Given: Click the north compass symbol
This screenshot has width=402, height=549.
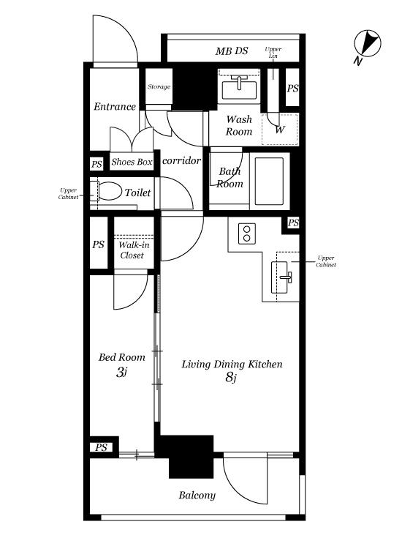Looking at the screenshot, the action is pos(367,43).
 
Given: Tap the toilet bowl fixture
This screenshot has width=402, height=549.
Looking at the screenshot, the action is pos(110,191).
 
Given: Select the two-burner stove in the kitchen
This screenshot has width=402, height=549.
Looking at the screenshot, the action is pos(247,234).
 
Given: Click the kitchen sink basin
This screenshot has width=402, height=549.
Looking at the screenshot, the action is pos(280,277).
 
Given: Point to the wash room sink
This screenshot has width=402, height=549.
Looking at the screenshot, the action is pos(240,89).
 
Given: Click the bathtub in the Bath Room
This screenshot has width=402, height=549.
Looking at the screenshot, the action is pos(269,181).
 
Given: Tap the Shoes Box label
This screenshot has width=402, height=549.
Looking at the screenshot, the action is pos(132,162).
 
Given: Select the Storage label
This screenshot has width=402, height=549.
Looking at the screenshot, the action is pos(159,86).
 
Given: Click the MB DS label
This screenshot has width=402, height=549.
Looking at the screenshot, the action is pos(232,51).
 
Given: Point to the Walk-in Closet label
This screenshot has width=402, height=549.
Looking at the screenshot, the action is pos(134,250).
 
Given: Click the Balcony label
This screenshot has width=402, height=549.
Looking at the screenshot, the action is pos(197,496).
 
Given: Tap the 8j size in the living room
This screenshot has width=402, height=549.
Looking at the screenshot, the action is pos(231,377).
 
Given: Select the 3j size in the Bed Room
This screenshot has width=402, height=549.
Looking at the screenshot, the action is pos(121,372).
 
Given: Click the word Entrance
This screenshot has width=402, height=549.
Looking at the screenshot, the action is pos(114,106).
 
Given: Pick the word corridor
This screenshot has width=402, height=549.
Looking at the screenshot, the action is pos(181,160).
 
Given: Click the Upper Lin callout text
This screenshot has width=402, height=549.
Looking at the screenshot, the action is pos(273,53).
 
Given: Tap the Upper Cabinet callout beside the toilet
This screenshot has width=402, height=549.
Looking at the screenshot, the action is pos(68,194).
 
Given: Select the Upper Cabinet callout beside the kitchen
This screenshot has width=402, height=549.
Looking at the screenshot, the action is pos(326,261).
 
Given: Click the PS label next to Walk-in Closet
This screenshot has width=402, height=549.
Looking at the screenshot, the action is pos(98,244).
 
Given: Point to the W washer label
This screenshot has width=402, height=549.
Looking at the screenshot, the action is pos(280,130).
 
